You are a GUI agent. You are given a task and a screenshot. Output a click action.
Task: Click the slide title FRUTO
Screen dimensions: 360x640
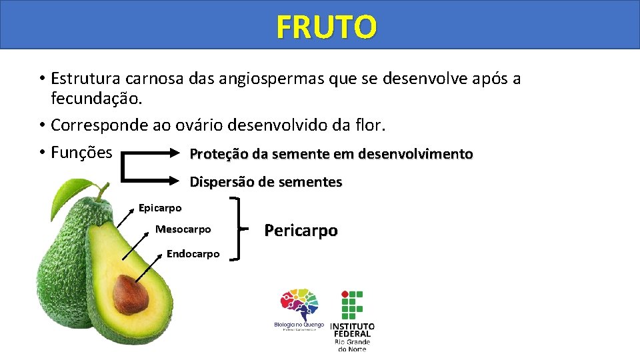tap(327, 27)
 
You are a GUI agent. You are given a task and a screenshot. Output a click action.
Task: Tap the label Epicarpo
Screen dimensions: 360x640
tap(160, 208)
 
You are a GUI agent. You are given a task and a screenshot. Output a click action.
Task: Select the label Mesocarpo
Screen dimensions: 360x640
tap(183, 229)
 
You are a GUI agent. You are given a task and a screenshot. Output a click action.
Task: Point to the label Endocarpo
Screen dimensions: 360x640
tap(193, 254)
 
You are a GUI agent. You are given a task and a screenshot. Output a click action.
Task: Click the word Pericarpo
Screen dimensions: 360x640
tap(301, 231)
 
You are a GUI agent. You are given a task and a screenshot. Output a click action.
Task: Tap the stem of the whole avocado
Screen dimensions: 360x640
tap(101, 192)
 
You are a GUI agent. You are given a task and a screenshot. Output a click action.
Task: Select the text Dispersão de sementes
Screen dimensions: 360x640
tap(266, 182)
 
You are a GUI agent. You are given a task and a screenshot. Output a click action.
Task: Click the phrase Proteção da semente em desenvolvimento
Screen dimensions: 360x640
tap(331, 155)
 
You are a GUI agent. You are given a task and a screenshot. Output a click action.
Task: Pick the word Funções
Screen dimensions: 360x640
tap(81, 153)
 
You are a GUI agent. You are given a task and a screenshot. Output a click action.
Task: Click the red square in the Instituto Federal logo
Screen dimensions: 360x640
tap(344, 294)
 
